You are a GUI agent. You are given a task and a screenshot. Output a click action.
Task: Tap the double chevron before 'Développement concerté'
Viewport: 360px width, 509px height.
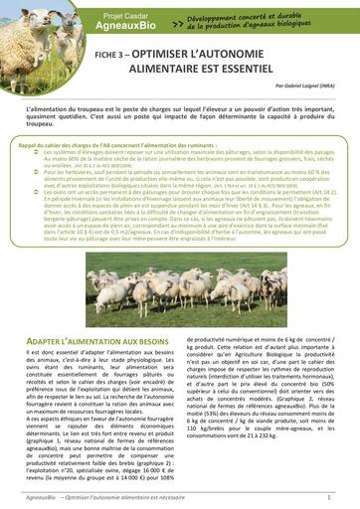click(176, 25)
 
